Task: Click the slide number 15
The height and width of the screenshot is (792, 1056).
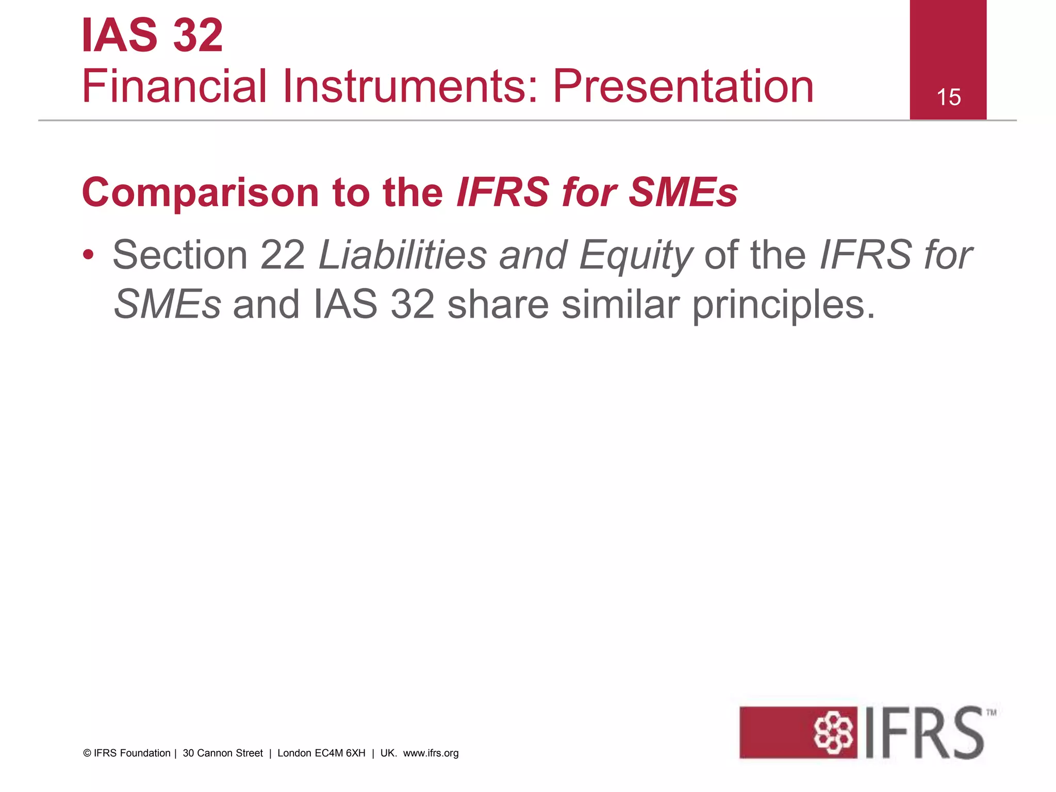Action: (x=948, y=97)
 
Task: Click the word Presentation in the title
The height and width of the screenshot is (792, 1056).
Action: (x=683, y=86)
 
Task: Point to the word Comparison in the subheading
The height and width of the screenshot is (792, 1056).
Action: (x=200, y=193)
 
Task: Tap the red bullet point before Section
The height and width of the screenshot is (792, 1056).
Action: (x=88, y=255)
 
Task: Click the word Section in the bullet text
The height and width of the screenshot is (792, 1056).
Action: (x=180, y=255)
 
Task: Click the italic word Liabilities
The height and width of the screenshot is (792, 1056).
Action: (x=403, y=255)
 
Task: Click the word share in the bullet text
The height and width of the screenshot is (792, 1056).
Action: (x=498, y=304)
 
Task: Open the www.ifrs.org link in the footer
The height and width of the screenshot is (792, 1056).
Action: (x=431, y=753)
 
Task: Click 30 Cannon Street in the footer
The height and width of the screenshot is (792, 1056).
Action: (x=223, y=753)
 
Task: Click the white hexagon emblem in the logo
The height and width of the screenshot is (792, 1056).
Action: (x=833, y=732)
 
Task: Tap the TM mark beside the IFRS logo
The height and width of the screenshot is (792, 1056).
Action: (x=991, y=713)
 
